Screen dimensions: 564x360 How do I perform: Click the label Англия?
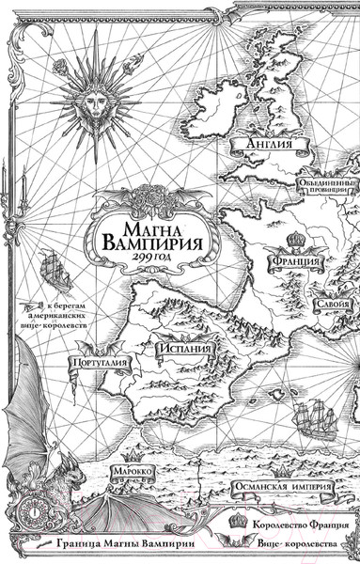266,145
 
